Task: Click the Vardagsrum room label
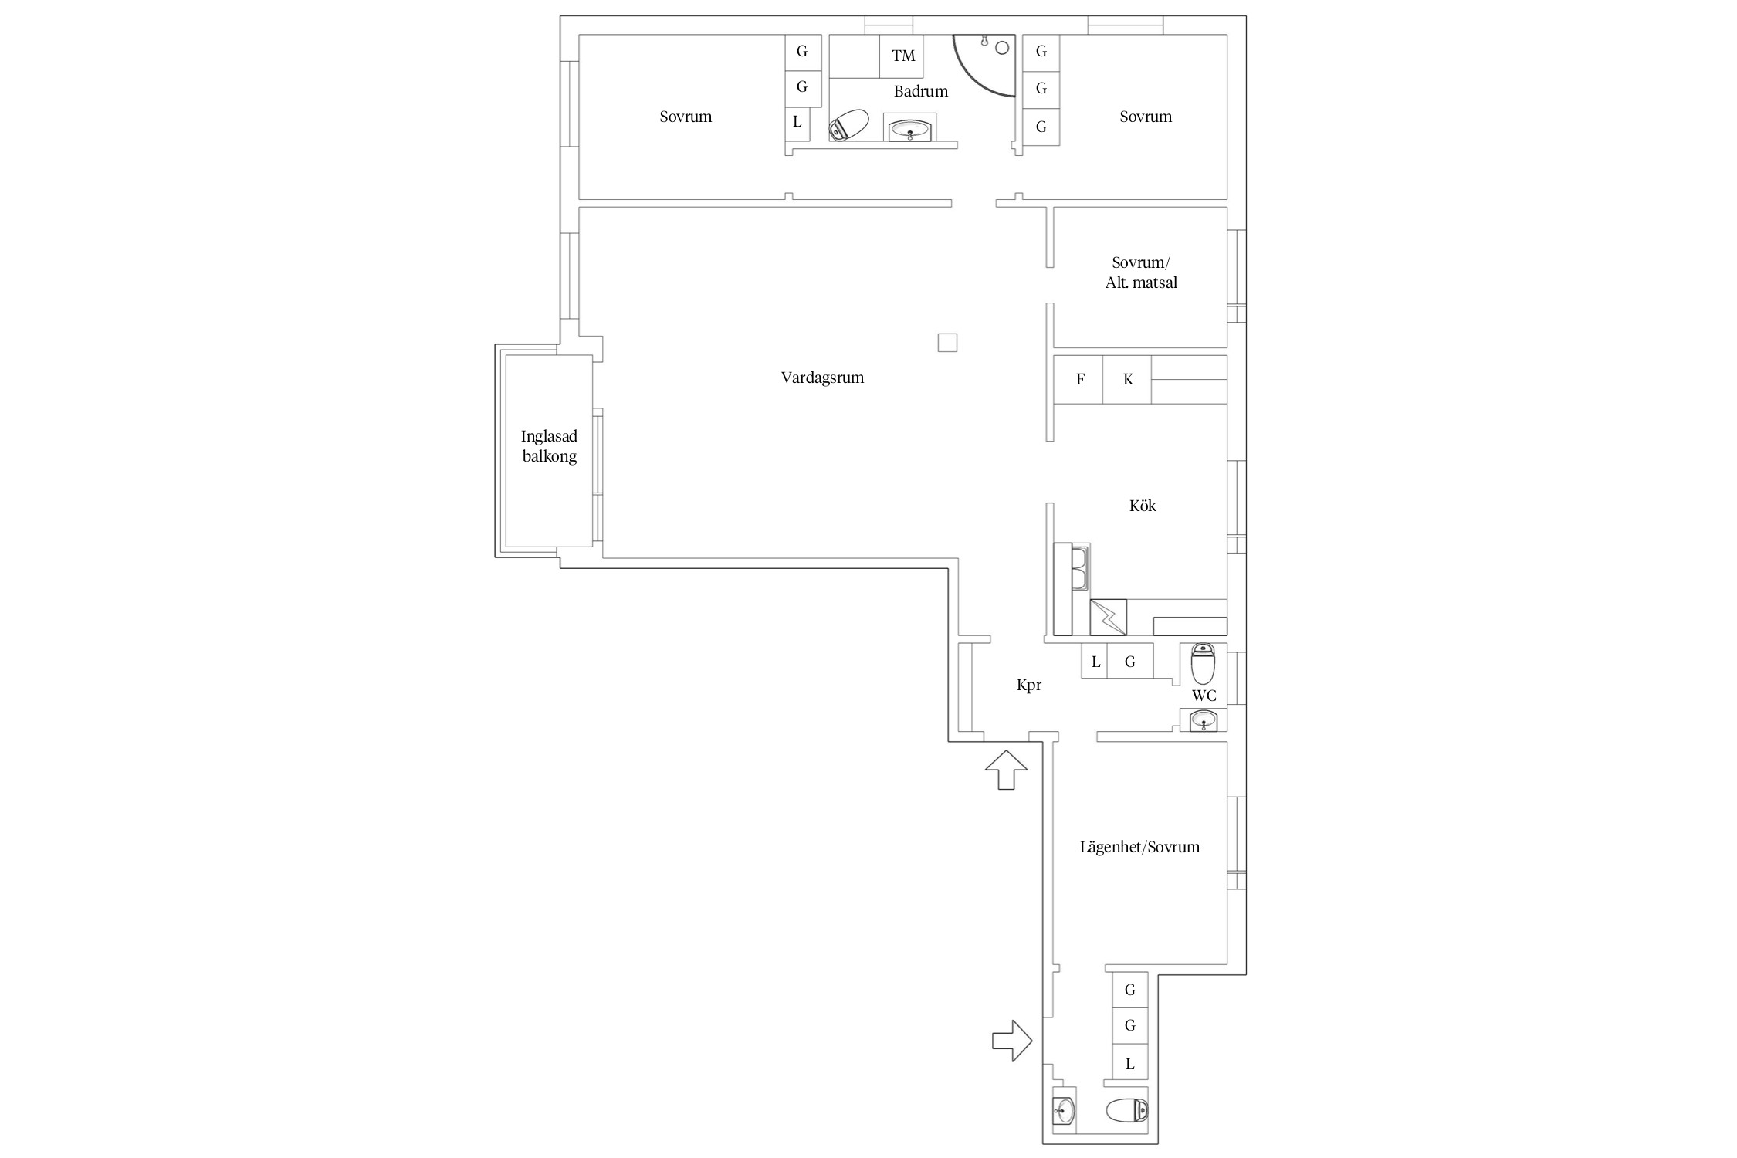coord(822,378)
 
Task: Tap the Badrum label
coord(920,91)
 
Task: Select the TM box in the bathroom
coord(902,56)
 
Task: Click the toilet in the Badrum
coord(848,125)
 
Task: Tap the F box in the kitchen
coord(1078,379)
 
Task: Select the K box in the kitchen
coord(1127,379)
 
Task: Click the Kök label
coord(1143,506)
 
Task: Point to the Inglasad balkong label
coord(549,446)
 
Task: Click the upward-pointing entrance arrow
coord(1007,770)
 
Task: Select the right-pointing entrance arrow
coord(1012,1041)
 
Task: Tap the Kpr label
coord(1029,686)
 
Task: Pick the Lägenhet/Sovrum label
coord(1139,847)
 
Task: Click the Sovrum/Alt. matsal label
coord(1141,273)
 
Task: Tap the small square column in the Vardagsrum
coord(947,343)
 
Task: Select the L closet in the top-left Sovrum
coord(797,122)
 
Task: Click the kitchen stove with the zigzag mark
coord(1108,618)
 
